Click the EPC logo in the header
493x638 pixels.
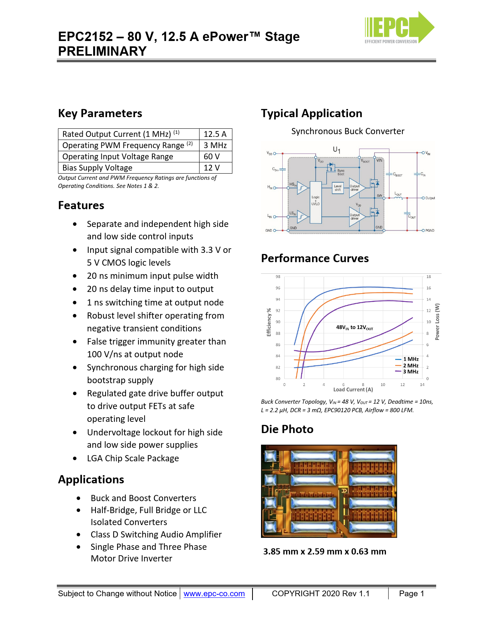pyautogui.click(x=399, y=28)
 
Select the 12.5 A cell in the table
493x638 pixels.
pyautogui.click(x=215, y=134)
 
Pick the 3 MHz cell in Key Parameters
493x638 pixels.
pyautogui.click(x=215, y=145)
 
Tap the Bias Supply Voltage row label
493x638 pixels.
pyautogui.click(x=97, y=168)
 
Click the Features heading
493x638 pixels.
pyautogui.click(x=81, y=205)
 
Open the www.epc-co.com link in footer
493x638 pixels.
pyautogui.click(x=214, y=594)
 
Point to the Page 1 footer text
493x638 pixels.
pyautogui.click(x=411, y=594)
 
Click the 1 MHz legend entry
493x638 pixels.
pyautogui.click(x=410, y=359)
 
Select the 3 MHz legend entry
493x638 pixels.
pyautogui.click(x=410, y=372)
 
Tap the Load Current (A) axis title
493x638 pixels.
pyautogui.click(x=353, y=390)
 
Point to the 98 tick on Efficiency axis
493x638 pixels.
pyautogui.click(x=278, y=277)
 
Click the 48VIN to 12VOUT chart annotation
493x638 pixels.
pyautogui.click(x=355, y=328)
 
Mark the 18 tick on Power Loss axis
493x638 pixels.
pyautogui.click(x=428, y=277)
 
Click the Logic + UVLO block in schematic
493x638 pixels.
pyautogui.click(x=316, y=201)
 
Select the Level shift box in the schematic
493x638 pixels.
pyautogui.click(x=338, y=188)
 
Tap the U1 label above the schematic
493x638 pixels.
pyautogui.click(x=337, y=150)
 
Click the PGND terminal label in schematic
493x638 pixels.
pyautogui.click(x=430, y=230)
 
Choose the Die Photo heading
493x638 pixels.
pyautogui.click(x=287, y=429)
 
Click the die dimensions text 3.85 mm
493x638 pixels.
pyautogui.click(x=325, y=552)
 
